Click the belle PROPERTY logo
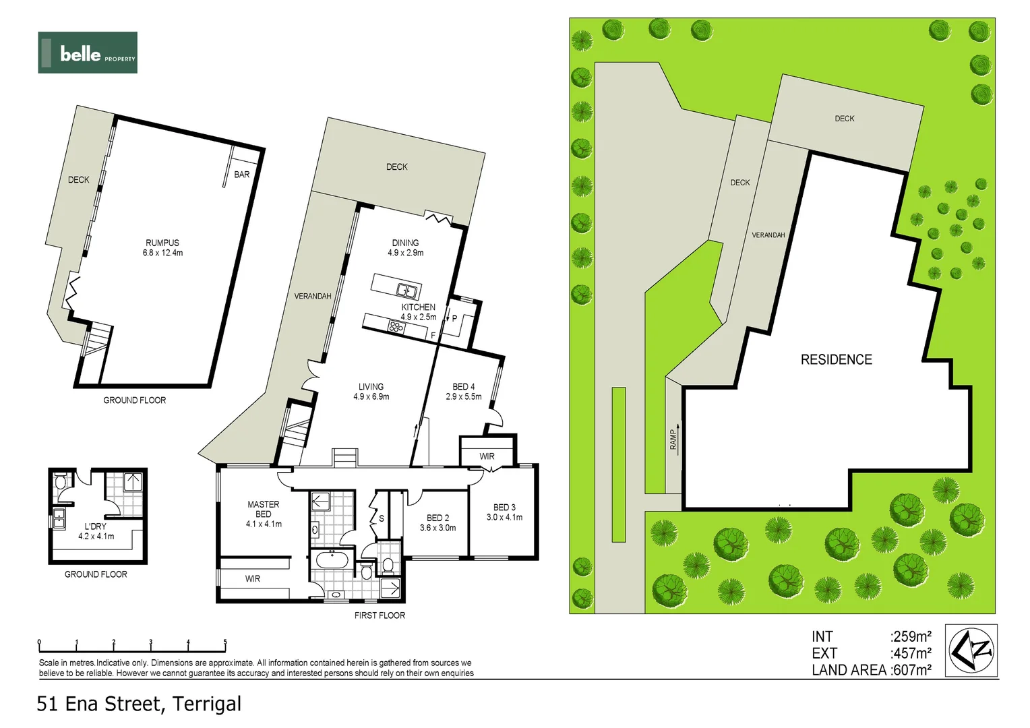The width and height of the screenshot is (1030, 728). click(88, 53)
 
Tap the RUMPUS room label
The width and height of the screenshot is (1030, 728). click(162, 247)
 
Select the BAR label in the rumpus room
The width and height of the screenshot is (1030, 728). click(242, 175)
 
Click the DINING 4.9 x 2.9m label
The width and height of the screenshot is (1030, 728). click(405, 247)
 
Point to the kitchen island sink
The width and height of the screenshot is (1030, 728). click(406, 291)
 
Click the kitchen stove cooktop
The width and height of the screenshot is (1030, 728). click(396, 327)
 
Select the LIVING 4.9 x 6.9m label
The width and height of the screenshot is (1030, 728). click(371, 392)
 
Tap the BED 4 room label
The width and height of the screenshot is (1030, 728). click(464, 392)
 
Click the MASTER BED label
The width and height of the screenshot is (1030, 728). click(264, 514)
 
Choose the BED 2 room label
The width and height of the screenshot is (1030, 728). click(437, 522)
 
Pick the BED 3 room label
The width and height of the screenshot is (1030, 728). click(504, 512)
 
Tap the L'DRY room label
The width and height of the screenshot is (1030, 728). click(96, 531)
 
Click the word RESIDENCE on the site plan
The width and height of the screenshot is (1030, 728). click(836, 360)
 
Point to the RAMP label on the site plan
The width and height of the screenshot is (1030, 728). click(673, 439)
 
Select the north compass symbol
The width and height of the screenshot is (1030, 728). click(971, 650)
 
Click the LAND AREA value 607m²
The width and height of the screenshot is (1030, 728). click(911, 670)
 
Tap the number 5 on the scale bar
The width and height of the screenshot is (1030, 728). click(225, 642)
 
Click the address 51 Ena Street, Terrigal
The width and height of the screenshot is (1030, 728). click(139, 704)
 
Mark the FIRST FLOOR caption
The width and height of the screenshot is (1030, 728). click(380, 615)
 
